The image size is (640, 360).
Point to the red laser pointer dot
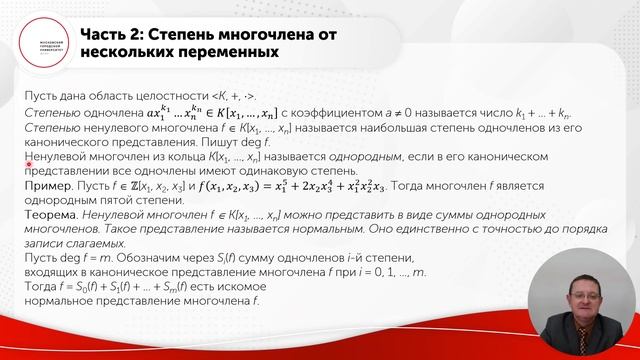point(30,165)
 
